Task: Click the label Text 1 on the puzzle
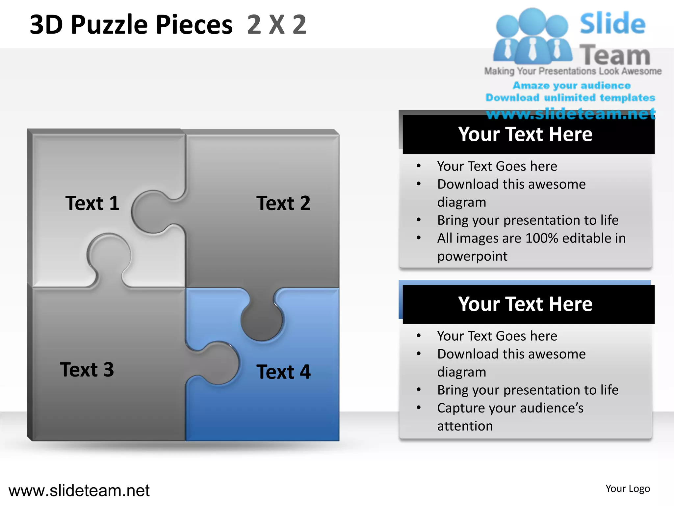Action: [92, 203]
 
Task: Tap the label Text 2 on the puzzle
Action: [283, 203]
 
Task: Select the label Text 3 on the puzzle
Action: [87, 369]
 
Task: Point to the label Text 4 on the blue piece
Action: [283, 372]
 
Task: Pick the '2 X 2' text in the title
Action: [277, 25]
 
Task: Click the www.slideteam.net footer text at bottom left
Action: [79, 491]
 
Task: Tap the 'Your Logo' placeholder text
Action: [628, 489]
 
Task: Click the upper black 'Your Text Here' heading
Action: [525, 134]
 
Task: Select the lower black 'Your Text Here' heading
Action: [525, 304]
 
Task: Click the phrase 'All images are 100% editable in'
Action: [531, 238]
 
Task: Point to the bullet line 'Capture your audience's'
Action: [510, 408]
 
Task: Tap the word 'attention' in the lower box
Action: [465, 426]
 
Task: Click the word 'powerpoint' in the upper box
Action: [472, 256]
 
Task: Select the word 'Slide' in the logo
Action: [612, 24]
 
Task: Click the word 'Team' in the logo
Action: [615, 55]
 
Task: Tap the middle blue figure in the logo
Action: [532, 36]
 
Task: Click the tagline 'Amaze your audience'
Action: [572, 86]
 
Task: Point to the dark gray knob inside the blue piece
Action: [262, 320]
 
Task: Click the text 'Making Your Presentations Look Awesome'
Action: [573, 71]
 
